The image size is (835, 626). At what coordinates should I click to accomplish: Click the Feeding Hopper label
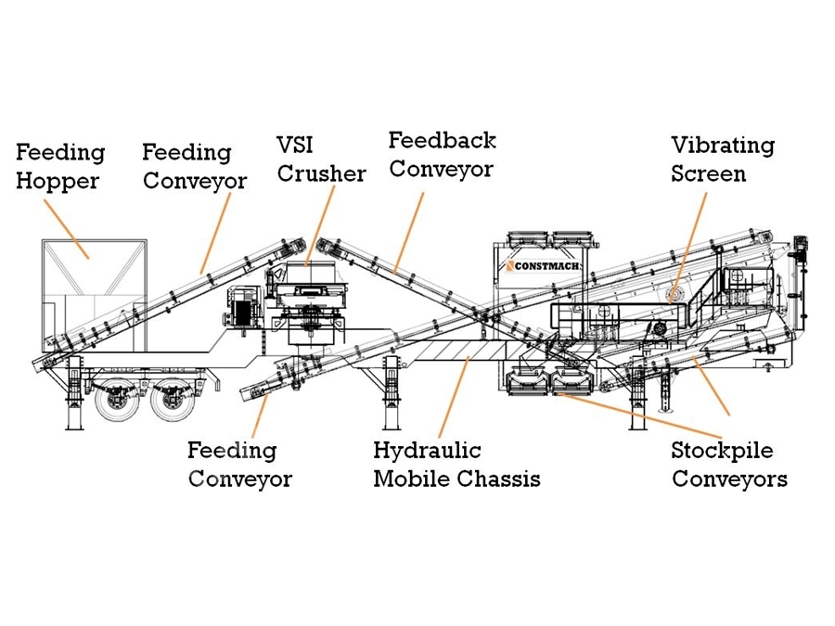pos(60,167)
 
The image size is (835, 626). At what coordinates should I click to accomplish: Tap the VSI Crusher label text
pos(321,160)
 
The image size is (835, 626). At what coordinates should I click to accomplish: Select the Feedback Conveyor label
pos(442,155)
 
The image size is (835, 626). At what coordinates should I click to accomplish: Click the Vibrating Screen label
pos(723,160)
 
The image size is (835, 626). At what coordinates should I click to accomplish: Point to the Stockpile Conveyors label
pos(729,465)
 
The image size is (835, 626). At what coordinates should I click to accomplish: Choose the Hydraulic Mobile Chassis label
pos(456,465)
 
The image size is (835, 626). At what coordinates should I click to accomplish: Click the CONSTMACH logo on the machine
pos(542,265)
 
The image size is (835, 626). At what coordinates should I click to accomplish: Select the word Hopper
pos(58,181)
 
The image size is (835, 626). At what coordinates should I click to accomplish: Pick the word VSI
pos(295,145)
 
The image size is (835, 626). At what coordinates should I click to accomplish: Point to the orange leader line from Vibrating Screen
pos(688,247)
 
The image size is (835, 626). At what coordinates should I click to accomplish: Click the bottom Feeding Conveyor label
pos(239,465)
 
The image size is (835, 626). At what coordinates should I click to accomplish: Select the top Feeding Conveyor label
pos(195,167)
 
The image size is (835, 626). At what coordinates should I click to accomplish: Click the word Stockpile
pos(722,451)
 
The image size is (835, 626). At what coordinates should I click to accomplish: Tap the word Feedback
pos(442,141)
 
